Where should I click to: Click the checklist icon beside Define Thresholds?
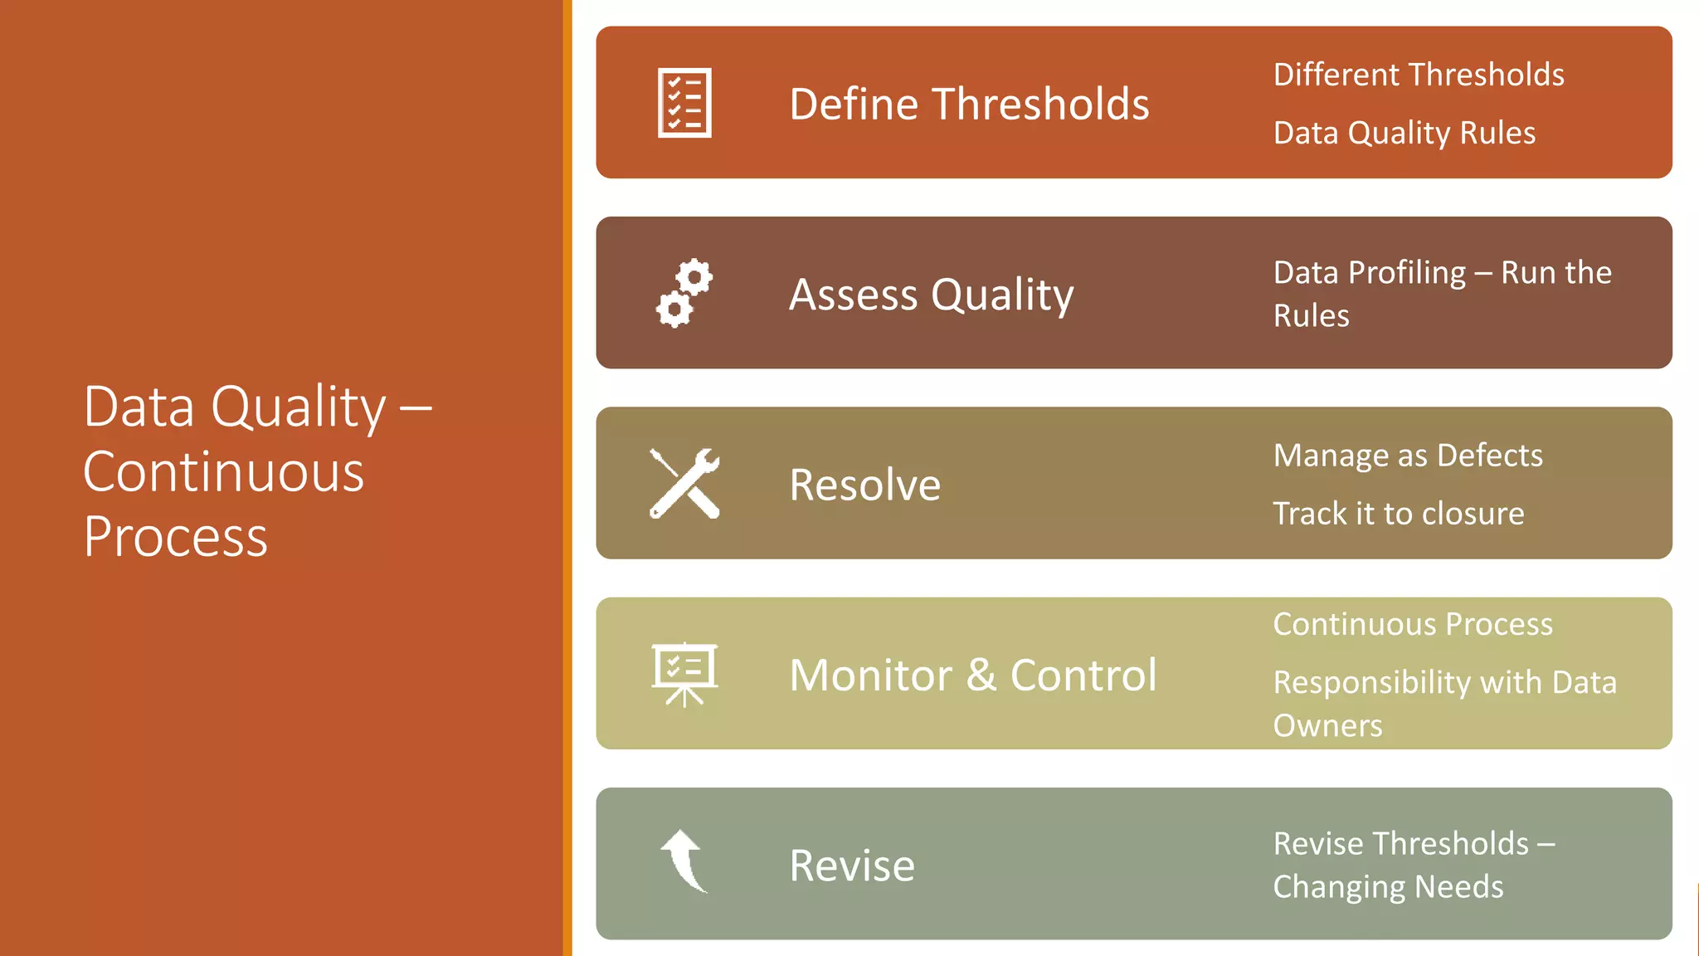pyautogui.click(x=684, y=103)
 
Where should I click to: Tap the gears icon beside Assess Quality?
pyautogui.click(x=684, y=294)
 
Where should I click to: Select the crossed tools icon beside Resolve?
pyautogui.click(x=684, y=484)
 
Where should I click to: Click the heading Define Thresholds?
pyautogui.click(x=969, y=105)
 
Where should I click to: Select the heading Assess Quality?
pyautogui.click(x=931, y=295)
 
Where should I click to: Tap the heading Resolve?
pyautogui.click(x=864, y=485)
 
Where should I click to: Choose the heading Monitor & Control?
pyautogui.click(x=972, y=676)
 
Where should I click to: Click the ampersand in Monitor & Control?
pyautogui.click(x=981, y=676)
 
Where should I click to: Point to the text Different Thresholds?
pyautogui.click(x=1419, y=75)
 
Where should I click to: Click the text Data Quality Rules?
pyautogui.click(x=1404, y=133)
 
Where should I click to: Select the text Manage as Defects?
pyautogui.click(x=1408, y=456)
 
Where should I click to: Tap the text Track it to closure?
pyautogui.click(x=1399, y=514)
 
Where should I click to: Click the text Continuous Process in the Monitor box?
pyautogui.click(x=1413, y=624)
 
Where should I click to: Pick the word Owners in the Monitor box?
pyautogui.click(x=1327, y=726)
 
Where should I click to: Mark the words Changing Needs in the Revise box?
pyautogui.click(x=1388, y=887)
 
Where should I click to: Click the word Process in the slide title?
pyautogui.click(x=176, y=537)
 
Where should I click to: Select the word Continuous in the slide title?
pyautogui.click(x=224, y=472)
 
